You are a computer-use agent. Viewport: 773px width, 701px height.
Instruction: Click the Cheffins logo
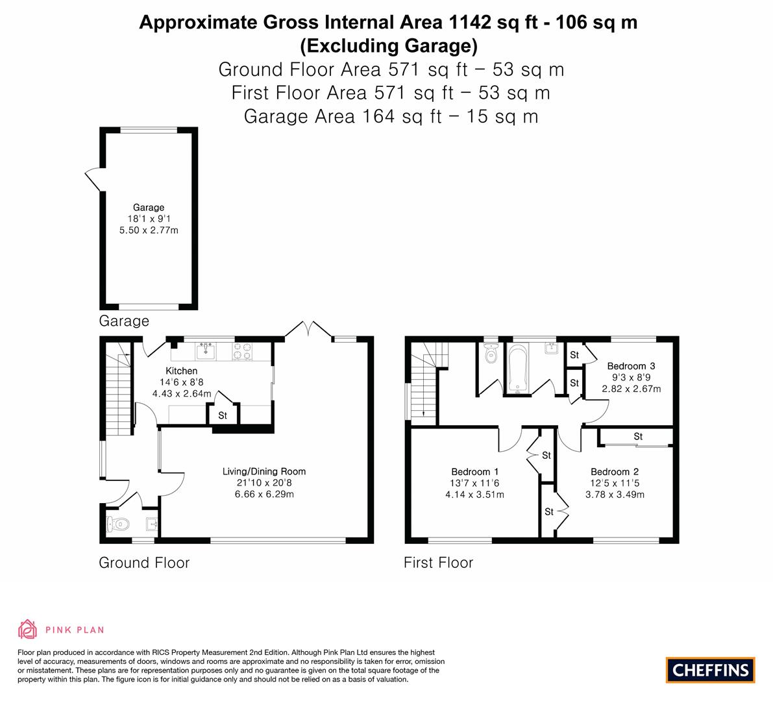(x=710, y=670)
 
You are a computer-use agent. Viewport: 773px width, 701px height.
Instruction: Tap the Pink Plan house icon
(x=28, y=629)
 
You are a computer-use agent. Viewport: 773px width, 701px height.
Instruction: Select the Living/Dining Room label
(x=264, y=471)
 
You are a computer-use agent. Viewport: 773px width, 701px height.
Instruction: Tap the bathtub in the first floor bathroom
(x=517, y=369)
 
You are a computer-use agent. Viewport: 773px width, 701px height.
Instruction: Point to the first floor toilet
(x=491, y=354)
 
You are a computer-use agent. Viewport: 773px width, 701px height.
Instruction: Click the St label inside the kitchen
(x=223, y=415)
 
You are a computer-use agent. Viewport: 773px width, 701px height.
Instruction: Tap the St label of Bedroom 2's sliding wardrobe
(x=638, y=437)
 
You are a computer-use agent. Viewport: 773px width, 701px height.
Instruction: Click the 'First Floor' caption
(x=438, y=563)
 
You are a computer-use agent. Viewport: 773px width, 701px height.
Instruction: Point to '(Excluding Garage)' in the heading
(x=388, y=45)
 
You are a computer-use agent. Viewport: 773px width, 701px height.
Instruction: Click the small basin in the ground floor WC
(x=151, y=524)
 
